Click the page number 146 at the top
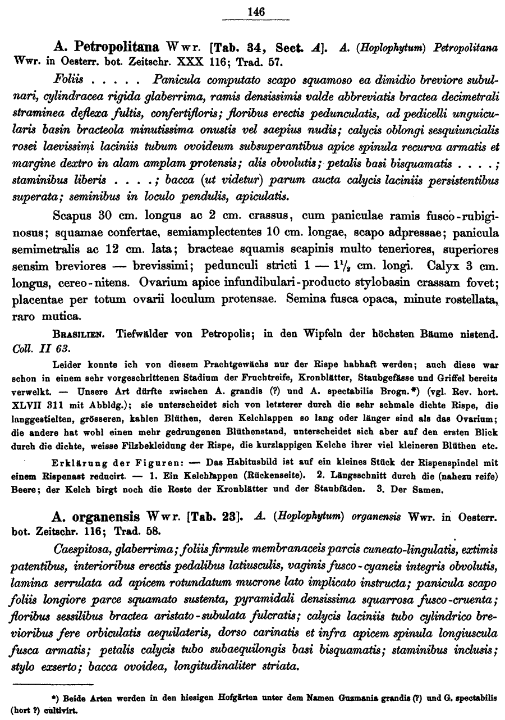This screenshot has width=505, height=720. click(256, 11)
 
